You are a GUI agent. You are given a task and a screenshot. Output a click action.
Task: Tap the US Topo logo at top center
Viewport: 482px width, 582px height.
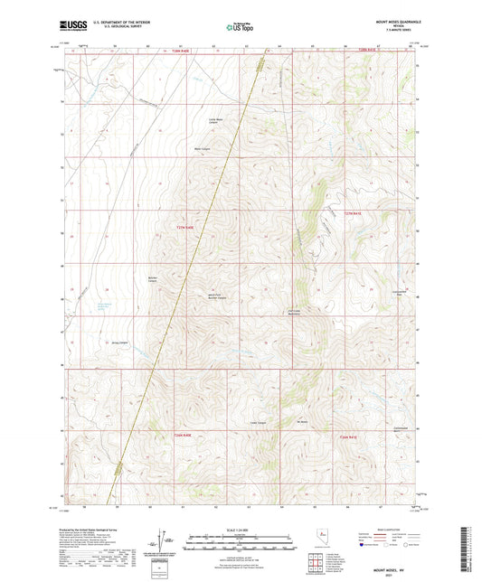(x=240, y=27)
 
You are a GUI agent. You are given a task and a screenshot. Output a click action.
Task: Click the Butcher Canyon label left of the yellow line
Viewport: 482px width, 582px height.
(x=153, y=278)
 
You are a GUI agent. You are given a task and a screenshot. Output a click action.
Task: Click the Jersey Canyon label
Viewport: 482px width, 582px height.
(x=118, y=343)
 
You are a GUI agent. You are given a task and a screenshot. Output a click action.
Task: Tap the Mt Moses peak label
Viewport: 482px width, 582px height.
(x=303, y=421)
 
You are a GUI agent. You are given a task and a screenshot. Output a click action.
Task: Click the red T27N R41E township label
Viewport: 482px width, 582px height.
(x=352, y=213)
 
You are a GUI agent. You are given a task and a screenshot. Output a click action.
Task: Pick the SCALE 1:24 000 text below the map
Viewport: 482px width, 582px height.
(x=241, y=529)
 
